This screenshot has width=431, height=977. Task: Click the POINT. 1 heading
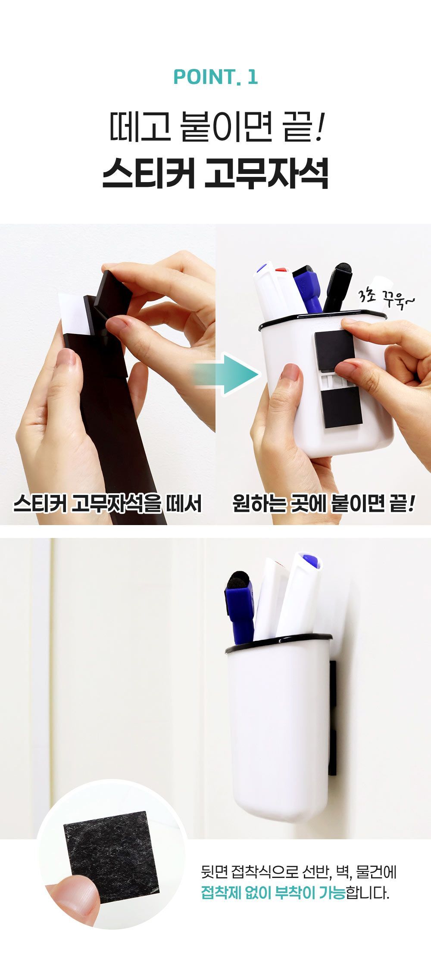coord(215,77)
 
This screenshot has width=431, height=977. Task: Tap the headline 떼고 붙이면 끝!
coord(215,127)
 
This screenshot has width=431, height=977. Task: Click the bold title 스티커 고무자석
coord(215,173)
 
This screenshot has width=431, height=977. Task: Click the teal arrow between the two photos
coord(226,374)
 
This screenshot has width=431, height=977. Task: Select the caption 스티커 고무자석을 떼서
coord(108,503)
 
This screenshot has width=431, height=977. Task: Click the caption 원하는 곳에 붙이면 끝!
coord(324,503)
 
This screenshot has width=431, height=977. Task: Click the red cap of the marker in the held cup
coord(282,270)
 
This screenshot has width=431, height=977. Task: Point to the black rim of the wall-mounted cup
coord(278,642)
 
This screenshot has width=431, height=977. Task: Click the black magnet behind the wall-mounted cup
coord(332,717)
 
